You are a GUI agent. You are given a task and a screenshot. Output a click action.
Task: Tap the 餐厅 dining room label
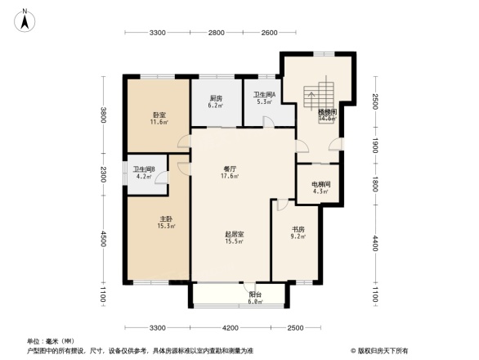click(230, 169)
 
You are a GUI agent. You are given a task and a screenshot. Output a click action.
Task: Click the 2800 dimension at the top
click(216, 33)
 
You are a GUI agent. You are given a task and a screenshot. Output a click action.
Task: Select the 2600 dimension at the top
click(269, 33)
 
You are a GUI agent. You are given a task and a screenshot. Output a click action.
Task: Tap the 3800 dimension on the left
click(103, 115)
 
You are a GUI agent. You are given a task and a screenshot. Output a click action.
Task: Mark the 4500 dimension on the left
click(103, 238)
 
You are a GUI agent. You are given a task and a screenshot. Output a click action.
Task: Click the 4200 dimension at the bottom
click(231, 328)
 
